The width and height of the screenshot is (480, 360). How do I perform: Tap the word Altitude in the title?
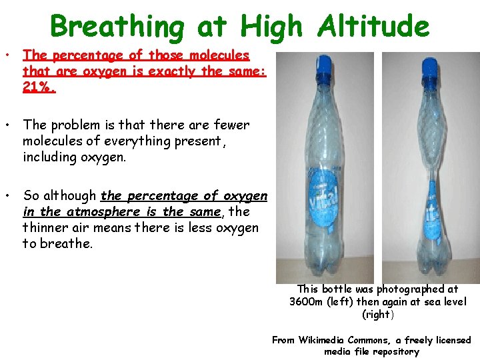pos(374,27)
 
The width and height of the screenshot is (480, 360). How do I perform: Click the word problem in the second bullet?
pos(76,125)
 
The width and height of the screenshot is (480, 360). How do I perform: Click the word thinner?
pos(47,228)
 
